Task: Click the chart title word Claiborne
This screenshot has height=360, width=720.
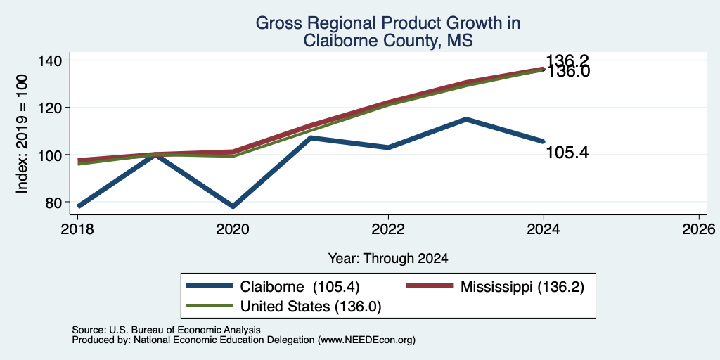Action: point(338,41)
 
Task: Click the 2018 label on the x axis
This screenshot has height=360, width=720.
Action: point(77,229)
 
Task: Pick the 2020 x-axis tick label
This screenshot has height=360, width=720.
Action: point(233,229)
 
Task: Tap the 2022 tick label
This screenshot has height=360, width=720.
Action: point(388,229)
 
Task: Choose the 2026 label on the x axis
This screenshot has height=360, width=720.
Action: point(699,229)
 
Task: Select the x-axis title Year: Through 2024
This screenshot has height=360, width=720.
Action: point(388,259)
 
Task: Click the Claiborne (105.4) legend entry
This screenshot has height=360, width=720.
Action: point(273,287)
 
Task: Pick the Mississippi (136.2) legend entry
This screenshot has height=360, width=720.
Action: point(496,287)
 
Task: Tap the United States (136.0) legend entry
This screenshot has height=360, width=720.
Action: point(283,306)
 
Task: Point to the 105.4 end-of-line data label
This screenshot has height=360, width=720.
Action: point(567,153)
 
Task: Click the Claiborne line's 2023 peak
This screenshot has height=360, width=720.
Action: point(465,120)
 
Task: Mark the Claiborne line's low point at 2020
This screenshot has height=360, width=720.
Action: point(233,206)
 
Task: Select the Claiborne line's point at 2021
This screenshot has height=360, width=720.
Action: point(311,137)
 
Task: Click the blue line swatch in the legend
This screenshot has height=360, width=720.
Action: point(209,287)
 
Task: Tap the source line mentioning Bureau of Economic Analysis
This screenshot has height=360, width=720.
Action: point(166,330)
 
